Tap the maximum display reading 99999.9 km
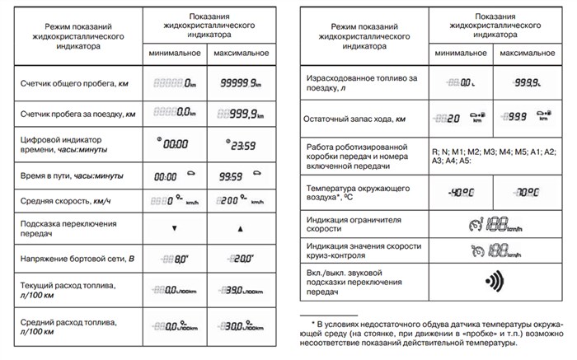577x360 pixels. click(x=234, y=82)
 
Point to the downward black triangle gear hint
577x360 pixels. click(x=174, y=227)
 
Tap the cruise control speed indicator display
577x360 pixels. click(x=493, y=250)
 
